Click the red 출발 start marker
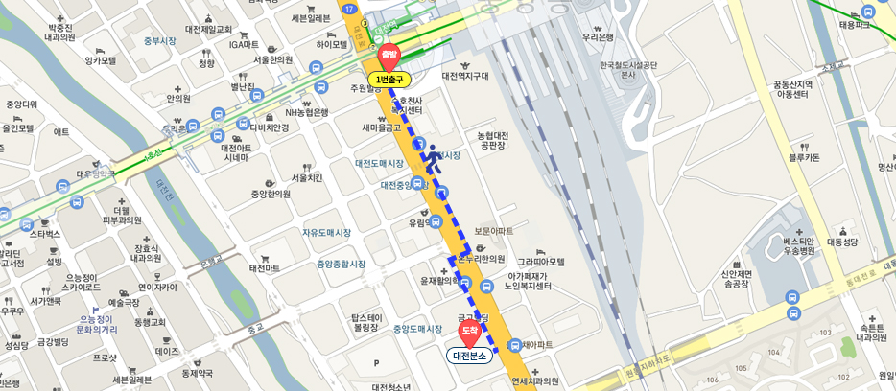[389, 55]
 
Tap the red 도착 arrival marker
[469, 332]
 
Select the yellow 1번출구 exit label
[389, 80]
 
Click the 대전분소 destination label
[470, 356]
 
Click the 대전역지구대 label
[465, 76]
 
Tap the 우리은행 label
[598, 37]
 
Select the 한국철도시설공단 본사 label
[628, 70]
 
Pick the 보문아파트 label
[493, 231]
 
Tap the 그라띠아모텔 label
[541, 262]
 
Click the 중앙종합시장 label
[342, 264]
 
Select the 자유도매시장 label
[326, 233]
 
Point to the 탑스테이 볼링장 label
[366, 322]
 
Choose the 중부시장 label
[160, 41]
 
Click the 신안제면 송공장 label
[736, 279]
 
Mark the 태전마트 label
[265, 268]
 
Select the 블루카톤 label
[804, 157]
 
